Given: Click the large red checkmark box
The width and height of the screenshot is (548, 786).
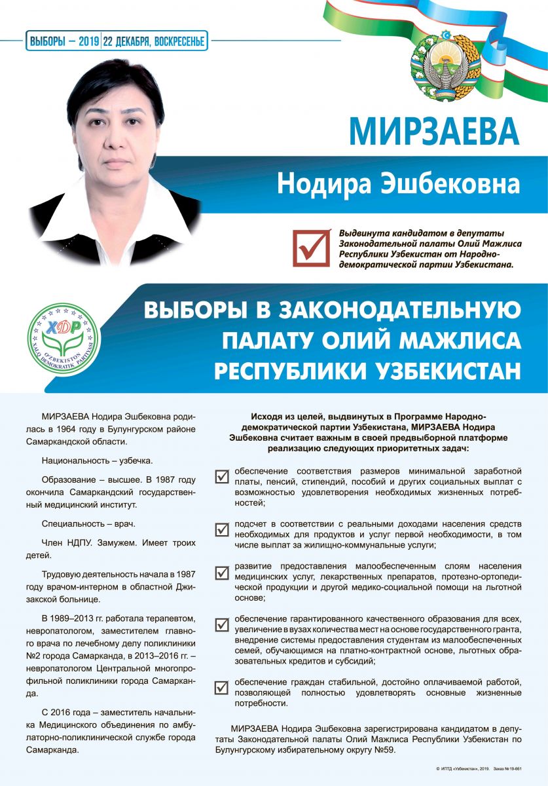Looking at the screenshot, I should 311,247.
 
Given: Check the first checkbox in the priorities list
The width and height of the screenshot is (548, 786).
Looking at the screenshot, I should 222,476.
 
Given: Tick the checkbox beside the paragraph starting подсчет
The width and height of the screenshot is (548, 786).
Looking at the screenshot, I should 222,529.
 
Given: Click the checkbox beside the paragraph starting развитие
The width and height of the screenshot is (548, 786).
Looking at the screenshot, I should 222,572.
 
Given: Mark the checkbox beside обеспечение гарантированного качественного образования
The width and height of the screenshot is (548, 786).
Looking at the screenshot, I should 222,624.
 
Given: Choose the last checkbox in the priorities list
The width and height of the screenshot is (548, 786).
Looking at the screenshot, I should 222,687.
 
